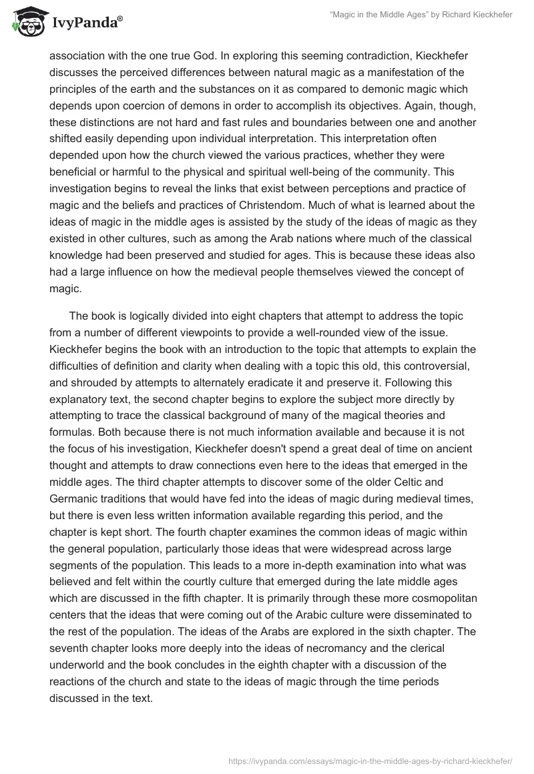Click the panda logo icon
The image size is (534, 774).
[25, 21]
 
